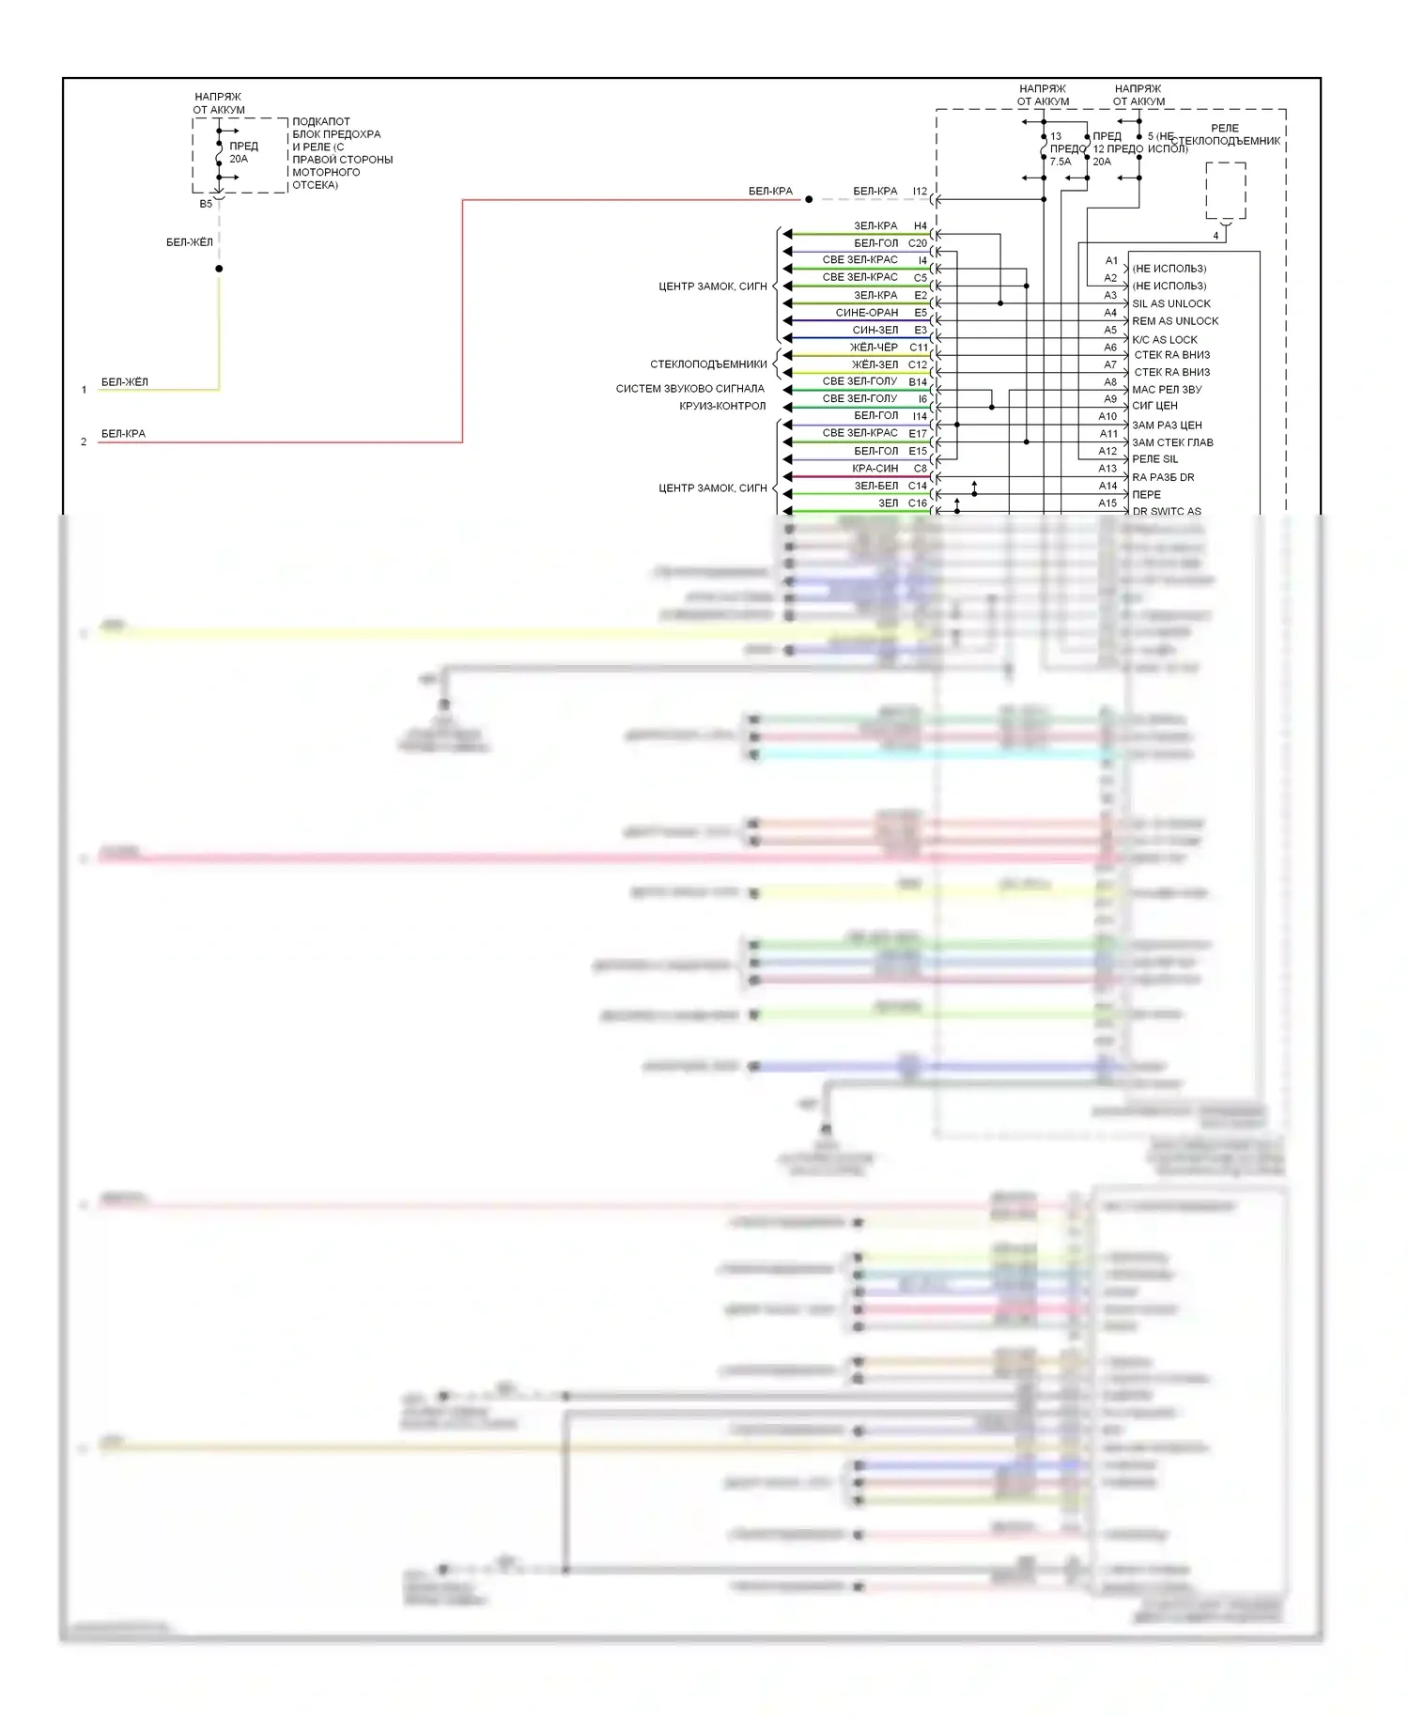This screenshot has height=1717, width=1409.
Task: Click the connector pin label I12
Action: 920,192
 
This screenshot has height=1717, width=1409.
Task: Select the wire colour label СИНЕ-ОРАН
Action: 866,313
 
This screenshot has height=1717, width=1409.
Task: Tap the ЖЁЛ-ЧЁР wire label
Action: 874,348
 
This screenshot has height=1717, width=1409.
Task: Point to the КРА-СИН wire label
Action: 875,469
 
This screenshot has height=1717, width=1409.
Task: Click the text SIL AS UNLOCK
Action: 1170,304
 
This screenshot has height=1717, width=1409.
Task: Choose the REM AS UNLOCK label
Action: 1174,321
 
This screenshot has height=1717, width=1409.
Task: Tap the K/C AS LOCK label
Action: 1164,340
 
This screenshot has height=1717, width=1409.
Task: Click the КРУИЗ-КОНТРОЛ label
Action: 721,407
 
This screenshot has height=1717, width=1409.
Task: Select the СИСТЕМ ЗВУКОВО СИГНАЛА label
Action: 689,389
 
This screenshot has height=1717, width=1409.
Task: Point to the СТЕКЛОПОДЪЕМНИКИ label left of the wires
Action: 708,364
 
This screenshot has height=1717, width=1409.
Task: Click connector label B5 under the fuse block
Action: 206,204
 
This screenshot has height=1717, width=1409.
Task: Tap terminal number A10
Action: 1107,416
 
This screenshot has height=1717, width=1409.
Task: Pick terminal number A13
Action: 1107,469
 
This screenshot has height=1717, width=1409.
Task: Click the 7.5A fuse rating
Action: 1060,162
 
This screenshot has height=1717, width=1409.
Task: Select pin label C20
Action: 917,243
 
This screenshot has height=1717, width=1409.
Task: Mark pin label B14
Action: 917,382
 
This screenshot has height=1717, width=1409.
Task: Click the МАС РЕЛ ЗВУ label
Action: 1166,390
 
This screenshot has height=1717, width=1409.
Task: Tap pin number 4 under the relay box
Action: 1215,236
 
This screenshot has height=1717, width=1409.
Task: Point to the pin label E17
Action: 917,434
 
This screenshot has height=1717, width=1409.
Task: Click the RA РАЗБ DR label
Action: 1162,477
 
